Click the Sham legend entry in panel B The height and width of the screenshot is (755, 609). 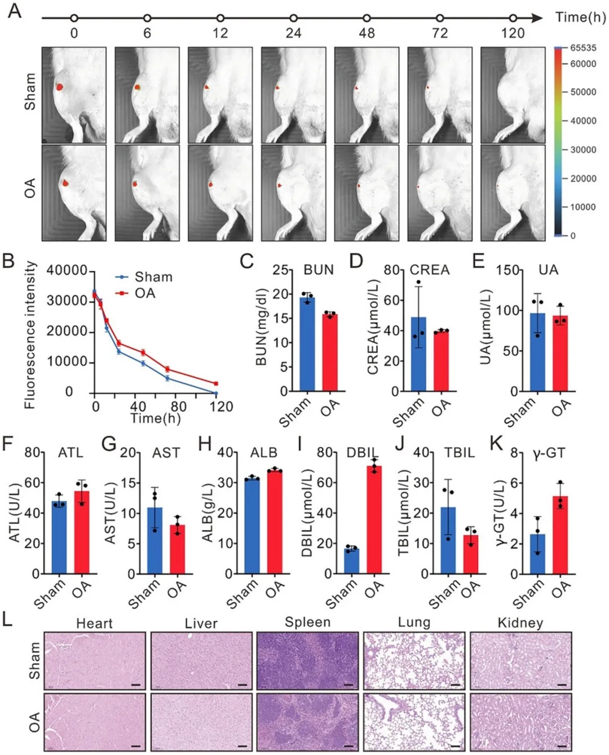(x=144, y=277)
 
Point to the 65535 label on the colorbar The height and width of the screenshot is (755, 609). (x=583, y=48)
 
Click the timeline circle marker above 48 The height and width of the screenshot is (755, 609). (x=367, y=18)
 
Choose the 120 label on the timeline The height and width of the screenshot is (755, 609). (x=513, y=34)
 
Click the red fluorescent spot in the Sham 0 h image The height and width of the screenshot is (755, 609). (x=60, y=87)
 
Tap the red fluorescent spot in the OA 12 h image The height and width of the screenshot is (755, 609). (x=210, y=184)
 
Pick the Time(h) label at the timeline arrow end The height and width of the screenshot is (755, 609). (x=580, y=17)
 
